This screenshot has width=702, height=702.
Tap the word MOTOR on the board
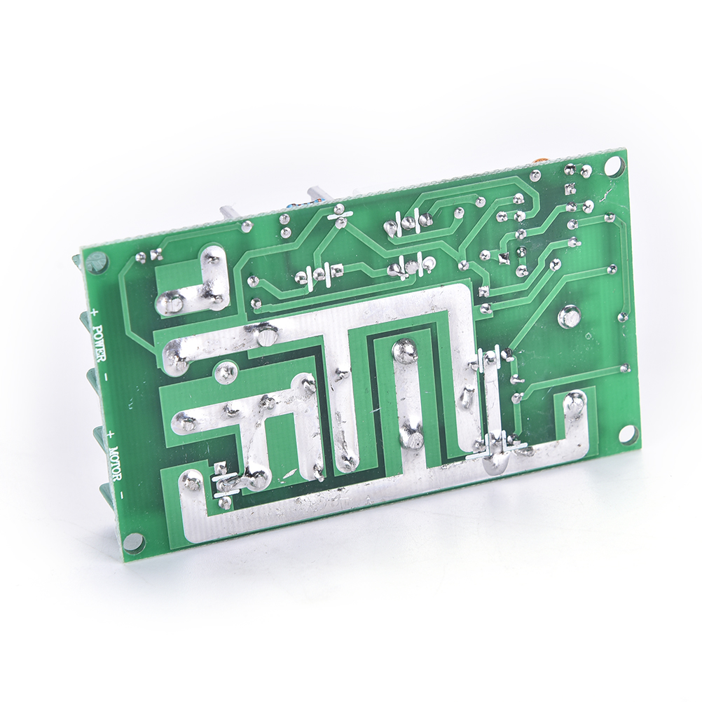tap(115, 466)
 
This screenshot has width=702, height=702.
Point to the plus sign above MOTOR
tap(111, 434)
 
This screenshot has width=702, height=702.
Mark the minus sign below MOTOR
tap(123, 494)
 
